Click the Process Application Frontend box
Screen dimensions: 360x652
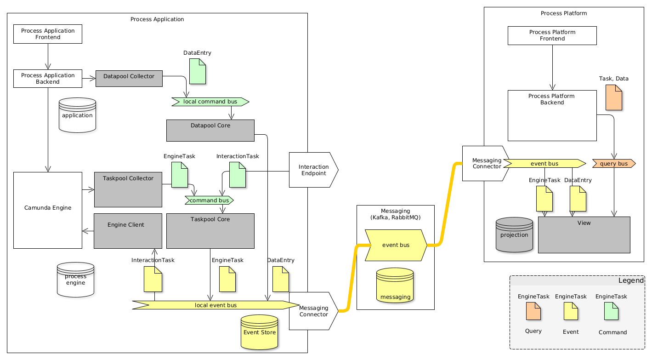(48, 34)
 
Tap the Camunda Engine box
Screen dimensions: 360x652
(48, 210)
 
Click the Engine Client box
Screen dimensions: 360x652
(128, 231)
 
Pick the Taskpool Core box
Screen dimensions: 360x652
(210, 231)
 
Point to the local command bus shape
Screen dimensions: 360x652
(210, 102)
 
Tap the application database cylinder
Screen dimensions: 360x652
(77, 115)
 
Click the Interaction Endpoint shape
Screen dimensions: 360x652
(313, 170)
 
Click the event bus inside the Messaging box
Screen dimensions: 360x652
(396, 245)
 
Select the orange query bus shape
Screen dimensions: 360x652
(614, 163)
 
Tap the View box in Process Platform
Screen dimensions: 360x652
(584, 234)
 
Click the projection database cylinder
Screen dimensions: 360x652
(514, 234)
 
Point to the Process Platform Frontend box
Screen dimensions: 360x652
(552, 35)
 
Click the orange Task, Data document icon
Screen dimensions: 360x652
(613, 98)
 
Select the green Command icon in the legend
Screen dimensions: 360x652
(611, 311)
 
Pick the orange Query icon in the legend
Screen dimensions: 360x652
(533, 311)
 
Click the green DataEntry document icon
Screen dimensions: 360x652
(197, 71)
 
